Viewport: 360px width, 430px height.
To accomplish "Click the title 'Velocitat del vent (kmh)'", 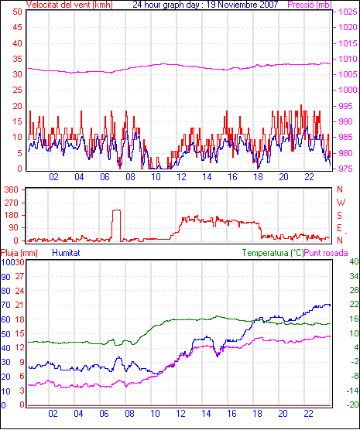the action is click(x=69, y=5).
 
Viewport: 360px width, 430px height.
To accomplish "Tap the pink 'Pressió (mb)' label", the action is click(x=310, y=5).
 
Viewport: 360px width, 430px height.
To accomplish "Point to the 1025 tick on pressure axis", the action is click(x=348, y=12).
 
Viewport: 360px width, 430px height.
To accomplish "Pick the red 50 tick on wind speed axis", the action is click(x=17, y=12).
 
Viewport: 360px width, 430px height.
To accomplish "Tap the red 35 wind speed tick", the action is click(x=17, y=59).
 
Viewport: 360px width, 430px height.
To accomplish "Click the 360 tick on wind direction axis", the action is click(x=12, y=189).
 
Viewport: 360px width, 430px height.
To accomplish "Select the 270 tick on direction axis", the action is click(x=12, y=203).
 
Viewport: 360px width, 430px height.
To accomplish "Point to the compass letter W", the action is click(x=341, y=203).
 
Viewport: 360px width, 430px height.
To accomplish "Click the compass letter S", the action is click(x=340, y=216).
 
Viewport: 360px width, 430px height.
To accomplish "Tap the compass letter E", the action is click(x=339, y=228).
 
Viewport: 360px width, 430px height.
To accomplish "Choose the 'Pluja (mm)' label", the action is click(x=19, y=253).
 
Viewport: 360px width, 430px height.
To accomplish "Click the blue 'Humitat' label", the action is click(x=66, y=253).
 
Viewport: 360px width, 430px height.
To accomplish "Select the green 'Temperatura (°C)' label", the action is click(x=273, y=253).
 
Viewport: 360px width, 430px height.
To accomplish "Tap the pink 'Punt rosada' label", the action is click(x=326, y=253).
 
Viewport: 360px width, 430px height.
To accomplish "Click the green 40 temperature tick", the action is click(x=354, y=262).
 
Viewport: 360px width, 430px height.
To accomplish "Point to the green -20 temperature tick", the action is click(x=353, y=404).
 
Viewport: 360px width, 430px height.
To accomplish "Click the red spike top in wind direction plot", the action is click(x=116, y=210).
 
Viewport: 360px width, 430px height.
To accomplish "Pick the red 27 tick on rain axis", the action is click(x=19, y=276).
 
